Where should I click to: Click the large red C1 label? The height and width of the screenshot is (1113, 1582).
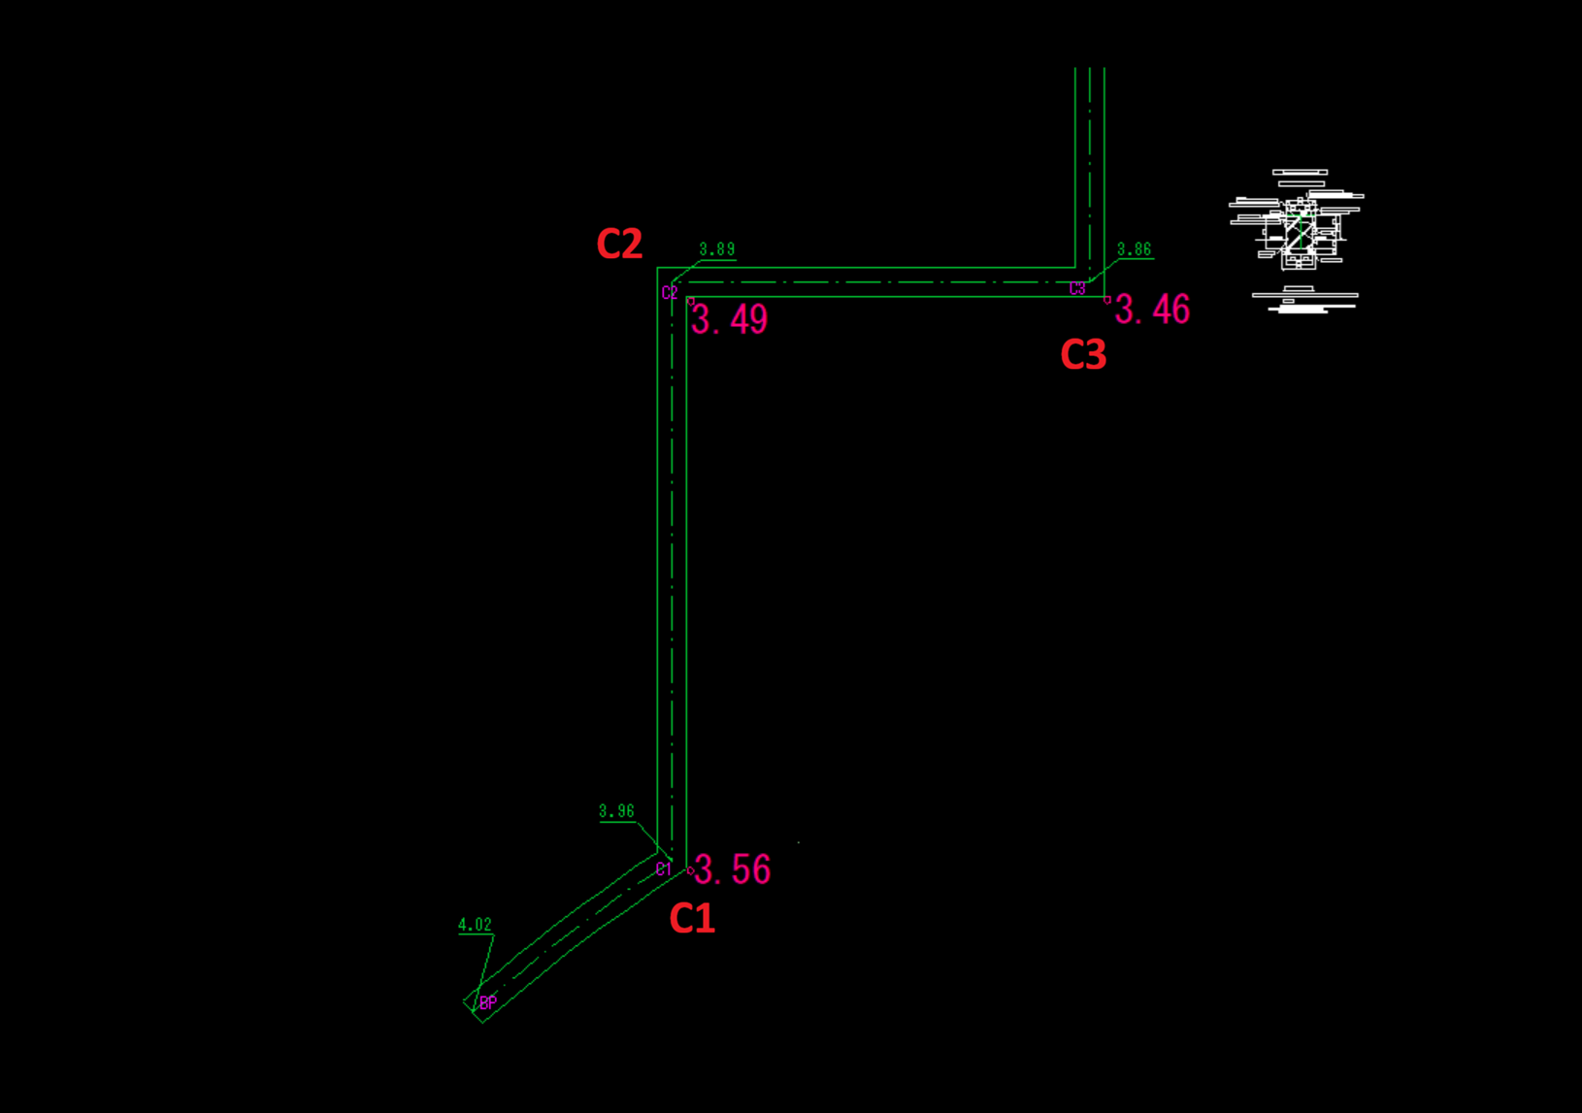692,918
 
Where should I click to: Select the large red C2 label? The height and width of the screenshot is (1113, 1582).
619,244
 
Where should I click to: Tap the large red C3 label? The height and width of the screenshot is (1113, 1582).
1083,354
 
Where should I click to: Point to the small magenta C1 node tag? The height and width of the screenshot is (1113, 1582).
663,869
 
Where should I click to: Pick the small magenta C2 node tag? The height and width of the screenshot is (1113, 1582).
670,292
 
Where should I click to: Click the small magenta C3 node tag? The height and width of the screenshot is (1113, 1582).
1077,288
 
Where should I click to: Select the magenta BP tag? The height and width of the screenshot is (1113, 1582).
488,1002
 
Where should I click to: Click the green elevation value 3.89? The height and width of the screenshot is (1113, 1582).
717,249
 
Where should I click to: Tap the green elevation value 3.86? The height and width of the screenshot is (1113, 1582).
1135,249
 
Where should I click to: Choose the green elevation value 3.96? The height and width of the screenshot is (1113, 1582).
616,811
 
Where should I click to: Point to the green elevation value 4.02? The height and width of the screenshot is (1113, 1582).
475,925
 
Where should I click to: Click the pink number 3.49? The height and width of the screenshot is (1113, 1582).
730,319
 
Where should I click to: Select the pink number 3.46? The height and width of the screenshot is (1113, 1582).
1153,310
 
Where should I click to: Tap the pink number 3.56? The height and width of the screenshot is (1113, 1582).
733,868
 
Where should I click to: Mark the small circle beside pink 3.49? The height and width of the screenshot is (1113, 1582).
691,302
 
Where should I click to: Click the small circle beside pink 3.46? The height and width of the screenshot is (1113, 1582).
1107,300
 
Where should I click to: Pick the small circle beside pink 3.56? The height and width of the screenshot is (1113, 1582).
690,870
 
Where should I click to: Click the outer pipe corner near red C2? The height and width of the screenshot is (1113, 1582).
657,268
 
